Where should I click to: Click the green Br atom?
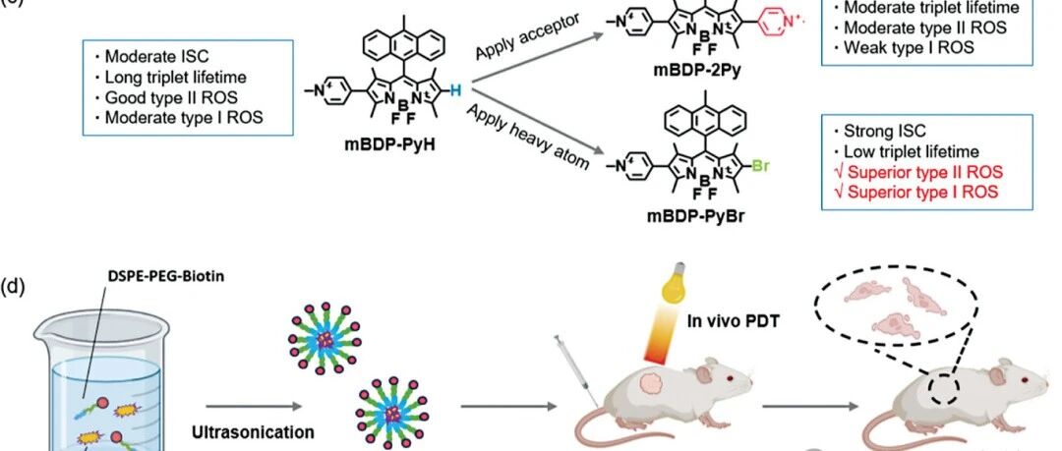(x=760, y=165)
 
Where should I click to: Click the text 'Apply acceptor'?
(x=528, y=37)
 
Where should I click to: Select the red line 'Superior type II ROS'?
(x=918, y=172)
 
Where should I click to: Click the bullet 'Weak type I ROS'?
(x=904, y=47)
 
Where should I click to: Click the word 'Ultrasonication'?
(x=253, y=431)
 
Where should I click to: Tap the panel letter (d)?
(x=13, y=286)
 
